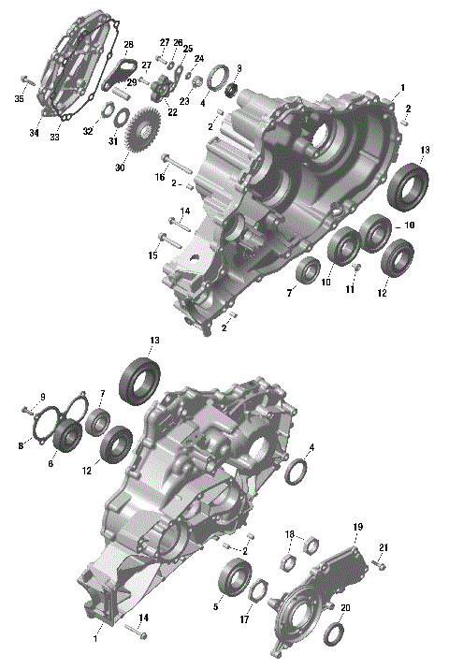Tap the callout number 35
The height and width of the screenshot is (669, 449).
[x=20, y=98]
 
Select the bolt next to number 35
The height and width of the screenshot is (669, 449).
[x=28, y=82]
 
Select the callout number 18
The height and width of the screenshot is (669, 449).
[x=289, y=534]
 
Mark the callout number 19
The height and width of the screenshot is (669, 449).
[x=356, y=528]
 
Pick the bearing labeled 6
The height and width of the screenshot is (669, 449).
[x=67, y=436]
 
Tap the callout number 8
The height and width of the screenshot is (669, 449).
[x=20, y=446]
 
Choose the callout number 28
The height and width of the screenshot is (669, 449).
[x=128, y=45]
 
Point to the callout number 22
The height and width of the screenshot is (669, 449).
[x=172, y=112]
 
